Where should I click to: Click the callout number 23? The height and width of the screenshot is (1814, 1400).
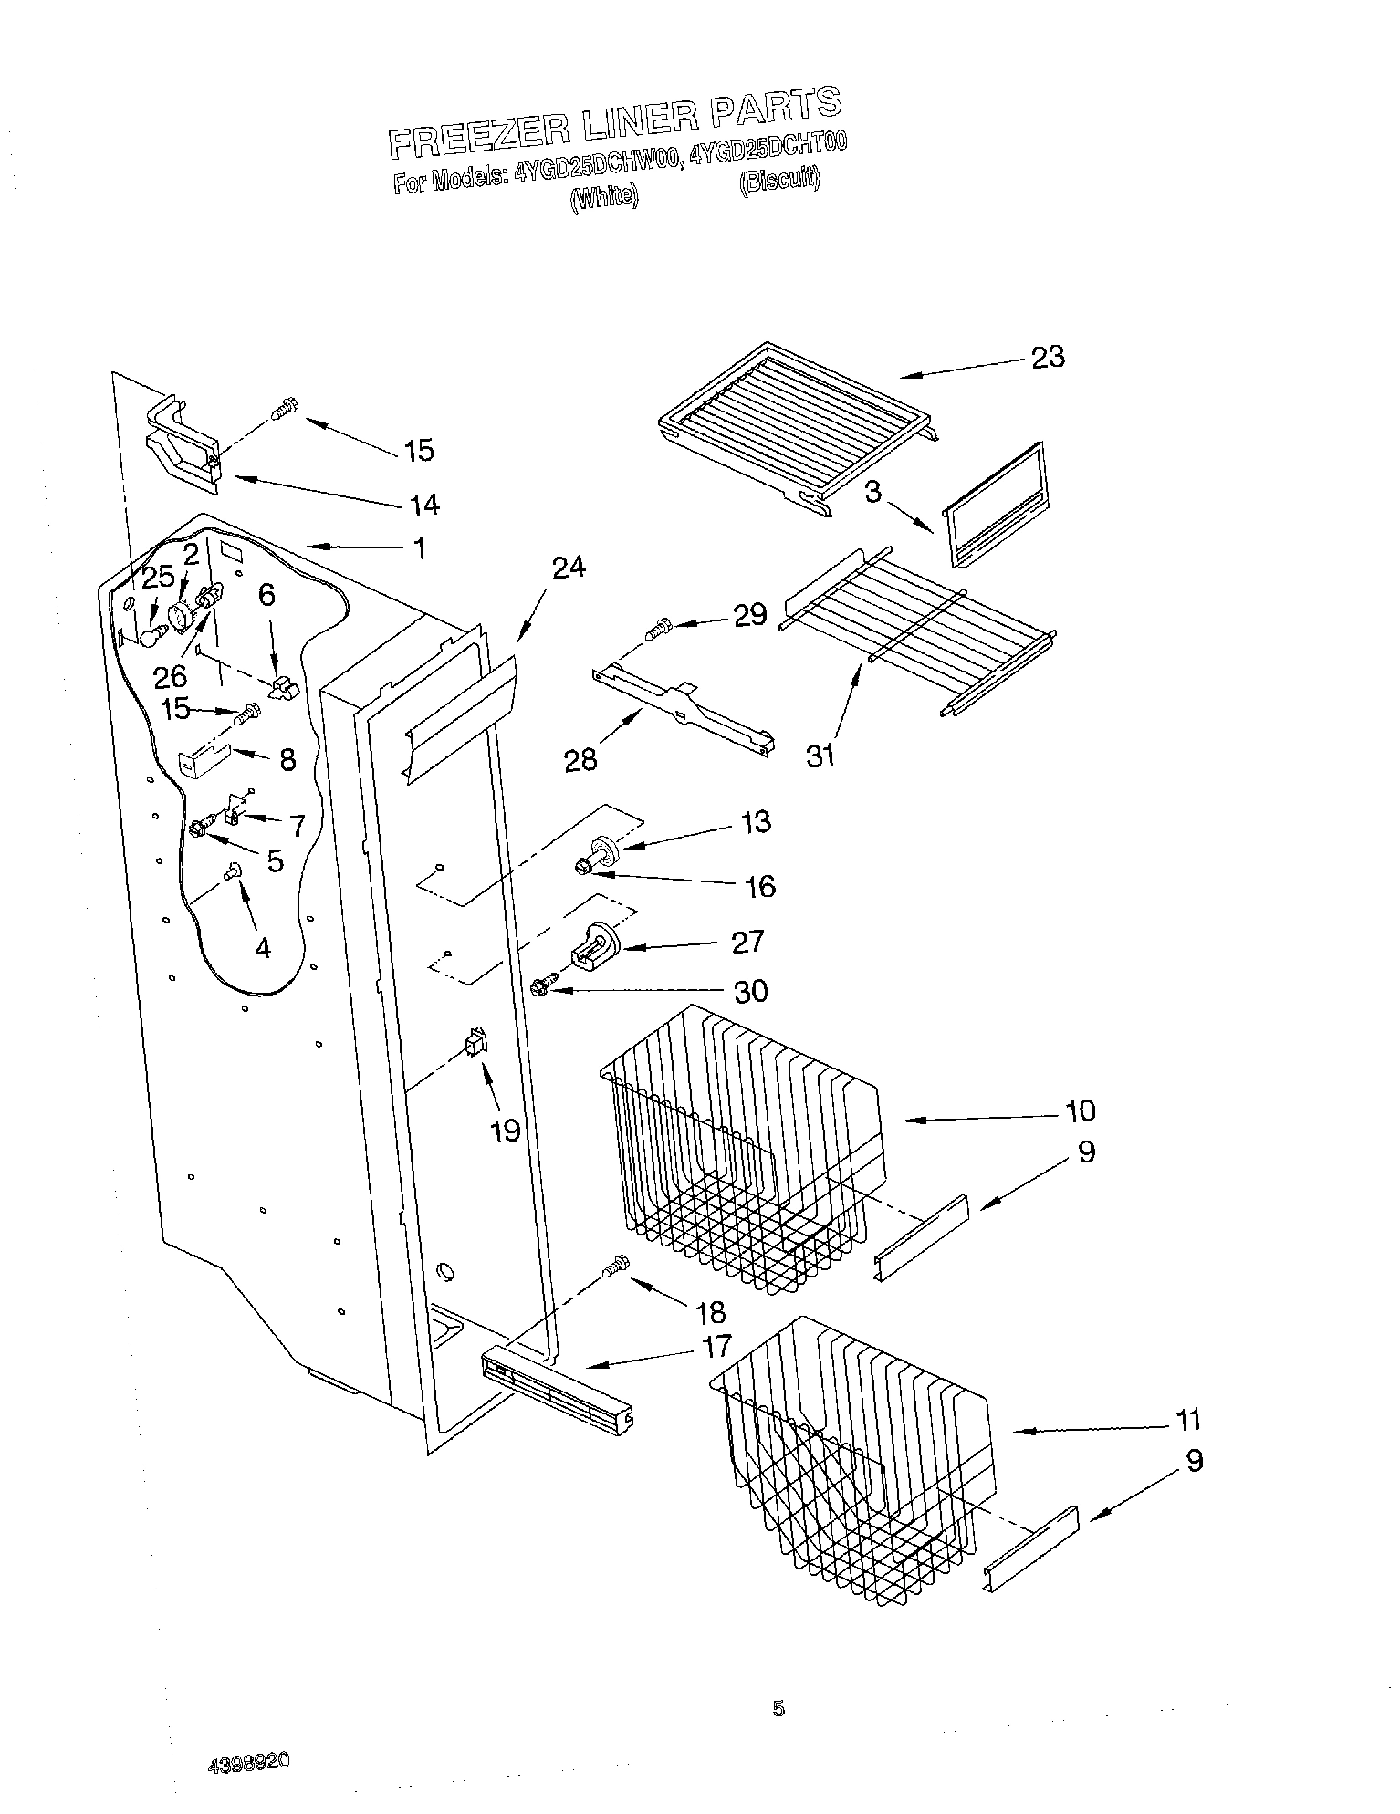[1048, 357]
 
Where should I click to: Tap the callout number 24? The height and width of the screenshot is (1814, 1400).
[569, 568]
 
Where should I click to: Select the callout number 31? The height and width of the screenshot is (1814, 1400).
[820, 756]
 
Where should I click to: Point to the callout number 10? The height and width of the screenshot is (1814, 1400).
[1080, 1110]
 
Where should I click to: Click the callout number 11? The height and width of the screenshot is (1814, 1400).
[1187, 1420]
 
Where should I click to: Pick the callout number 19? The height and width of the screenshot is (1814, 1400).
[505, 1131]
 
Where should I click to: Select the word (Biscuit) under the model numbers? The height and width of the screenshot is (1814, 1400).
[778, 181]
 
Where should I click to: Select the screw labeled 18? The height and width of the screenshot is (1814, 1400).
[618, 1266]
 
